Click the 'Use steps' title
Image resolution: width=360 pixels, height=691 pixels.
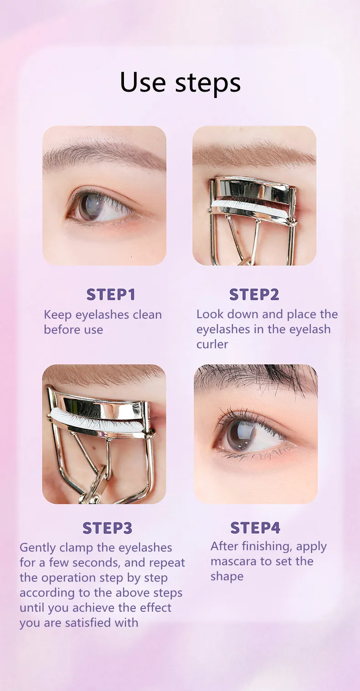[180, 83]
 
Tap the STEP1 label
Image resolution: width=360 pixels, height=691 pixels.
[111, 294]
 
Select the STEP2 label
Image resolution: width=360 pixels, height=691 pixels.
[254, 294]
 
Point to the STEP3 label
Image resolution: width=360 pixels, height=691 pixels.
[108, 528]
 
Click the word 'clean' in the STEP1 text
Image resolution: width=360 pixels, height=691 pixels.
[147, 315]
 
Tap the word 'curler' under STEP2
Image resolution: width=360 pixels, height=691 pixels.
[212, 344]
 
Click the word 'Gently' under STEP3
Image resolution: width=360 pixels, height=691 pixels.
[38, 548]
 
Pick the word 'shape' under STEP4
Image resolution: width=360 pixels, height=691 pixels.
[227, 577]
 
